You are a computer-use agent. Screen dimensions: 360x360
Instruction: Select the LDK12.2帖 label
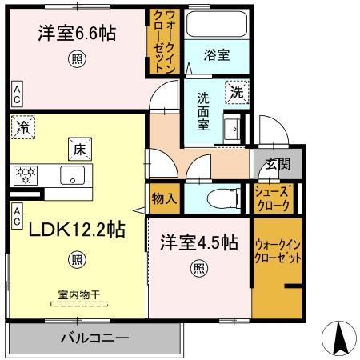(77, 230)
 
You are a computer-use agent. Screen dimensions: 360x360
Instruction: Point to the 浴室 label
(216, 55)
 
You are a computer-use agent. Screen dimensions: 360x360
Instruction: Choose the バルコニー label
(94, 338)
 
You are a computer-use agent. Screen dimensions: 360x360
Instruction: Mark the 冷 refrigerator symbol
(23, 127)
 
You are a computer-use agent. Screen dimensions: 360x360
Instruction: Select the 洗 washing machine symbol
(236, 92)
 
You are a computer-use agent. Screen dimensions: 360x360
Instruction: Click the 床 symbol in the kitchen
(81, 149)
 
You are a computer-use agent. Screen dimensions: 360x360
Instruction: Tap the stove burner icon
(26, 174)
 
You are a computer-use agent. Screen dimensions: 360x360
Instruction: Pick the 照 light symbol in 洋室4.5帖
(197, 268)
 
